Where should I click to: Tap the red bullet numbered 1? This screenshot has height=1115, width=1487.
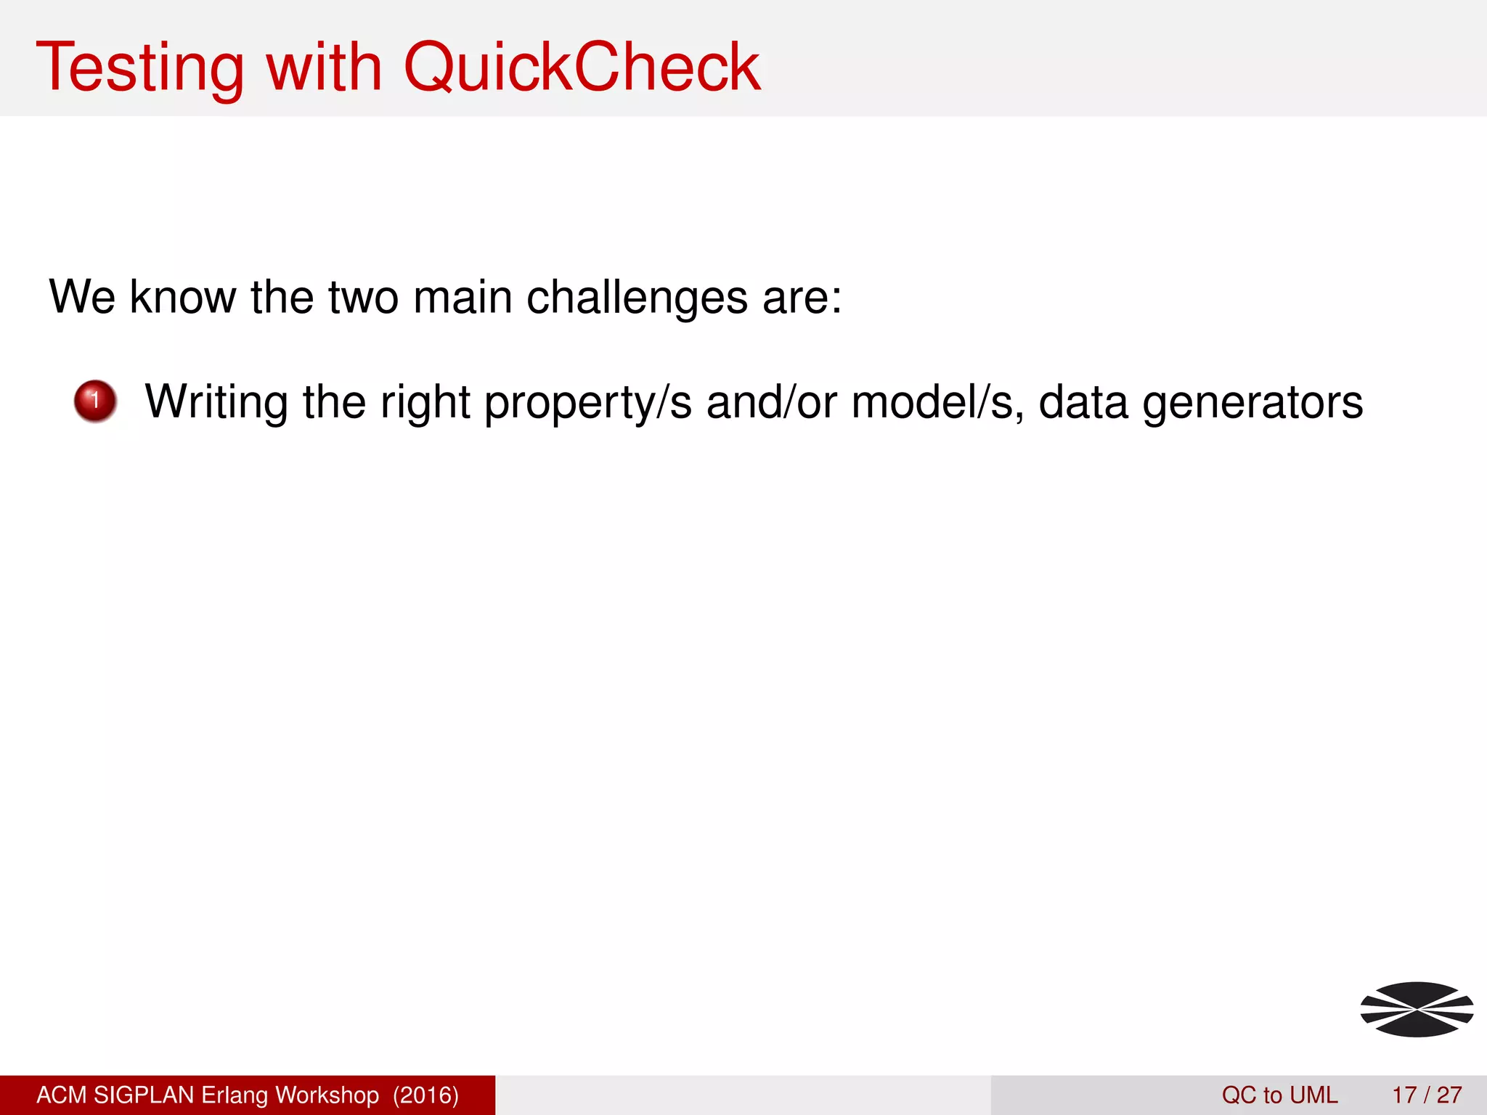(95, 401)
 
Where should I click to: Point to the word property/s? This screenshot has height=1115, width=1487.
(587, 404)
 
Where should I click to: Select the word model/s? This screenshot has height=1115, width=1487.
(937, 402)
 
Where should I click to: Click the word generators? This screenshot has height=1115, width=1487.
(1252, 404)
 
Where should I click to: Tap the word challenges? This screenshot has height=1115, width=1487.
(637, 298)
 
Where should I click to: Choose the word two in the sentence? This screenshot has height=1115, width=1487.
(363, 298)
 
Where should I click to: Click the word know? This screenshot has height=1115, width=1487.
(183, 298)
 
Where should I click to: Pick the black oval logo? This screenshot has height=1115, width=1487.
(1417, 1009)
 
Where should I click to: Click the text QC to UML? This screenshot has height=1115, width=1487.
(1279, 1095)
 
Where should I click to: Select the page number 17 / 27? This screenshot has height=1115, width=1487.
(1427, 1095)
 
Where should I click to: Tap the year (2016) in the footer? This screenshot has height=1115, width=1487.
(425, 1095)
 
